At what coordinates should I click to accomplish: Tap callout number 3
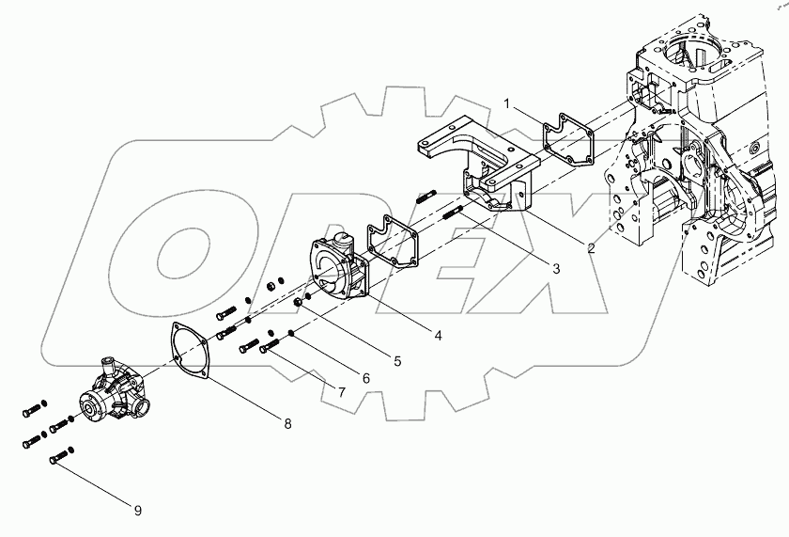pyautogui.click(x=556, y=269)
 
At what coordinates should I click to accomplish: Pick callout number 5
pyautogui.click(x=397, y=360)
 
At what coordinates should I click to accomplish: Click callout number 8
pyautogui.click(x=287, y=424)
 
